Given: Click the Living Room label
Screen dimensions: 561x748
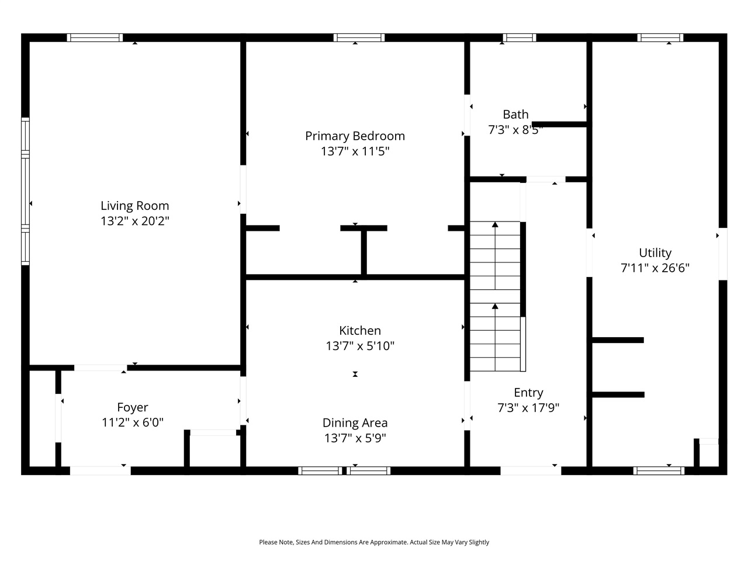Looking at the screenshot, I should [x=134, y=206].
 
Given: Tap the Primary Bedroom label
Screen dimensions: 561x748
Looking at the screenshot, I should [x=355, y=136].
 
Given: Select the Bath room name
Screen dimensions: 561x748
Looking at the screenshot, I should [x=515, y=115].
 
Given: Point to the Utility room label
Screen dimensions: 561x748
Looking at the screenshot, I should [x=654, y=253].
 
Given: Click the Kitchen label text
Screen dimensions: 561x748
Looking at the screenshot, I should [x=360, y=331].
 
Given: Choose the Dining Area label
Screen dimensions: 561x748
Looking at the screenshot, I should [x=355, y=423].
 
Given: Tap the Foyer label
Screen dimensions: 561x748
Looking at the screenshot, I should [x=133, y=408].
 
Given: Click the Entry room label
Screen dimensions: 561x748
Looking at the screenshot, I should [x=528, y=393].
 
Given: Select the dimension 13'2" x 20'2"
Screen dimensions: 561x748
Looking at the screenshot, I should [x=134, y=221].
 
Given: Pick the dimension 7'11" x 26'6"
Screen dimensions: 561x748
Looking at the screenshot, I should [x=654, y=268].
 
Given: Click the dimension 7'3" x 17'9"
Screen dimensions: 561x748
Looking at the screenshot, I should [x=528, y=408].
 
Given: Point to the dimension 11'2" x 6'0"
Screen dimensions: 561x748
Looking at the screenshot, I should [x=133, y=423].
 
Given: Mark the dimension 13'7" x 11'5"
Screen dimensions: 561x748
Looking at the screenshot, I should [x=355, y=151].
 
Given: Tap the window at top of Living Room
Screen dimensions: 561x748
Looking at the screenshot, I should [x=95, y=38].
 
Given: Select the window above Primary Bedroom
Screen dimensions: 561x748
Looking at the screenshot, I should [x=359, y=38].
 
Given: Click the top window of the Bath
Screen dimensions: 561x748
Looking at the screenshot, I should [x=520, y=38].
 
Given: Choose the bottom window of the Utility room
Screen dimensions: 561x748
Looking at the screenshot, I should [x=659, y=470].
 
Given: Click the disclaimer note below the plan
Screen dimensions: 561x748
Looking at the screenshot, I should [x=374, y=542].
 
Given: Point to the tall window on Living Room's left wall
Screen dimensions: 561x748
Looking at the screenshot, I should [x=26, y=191].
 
